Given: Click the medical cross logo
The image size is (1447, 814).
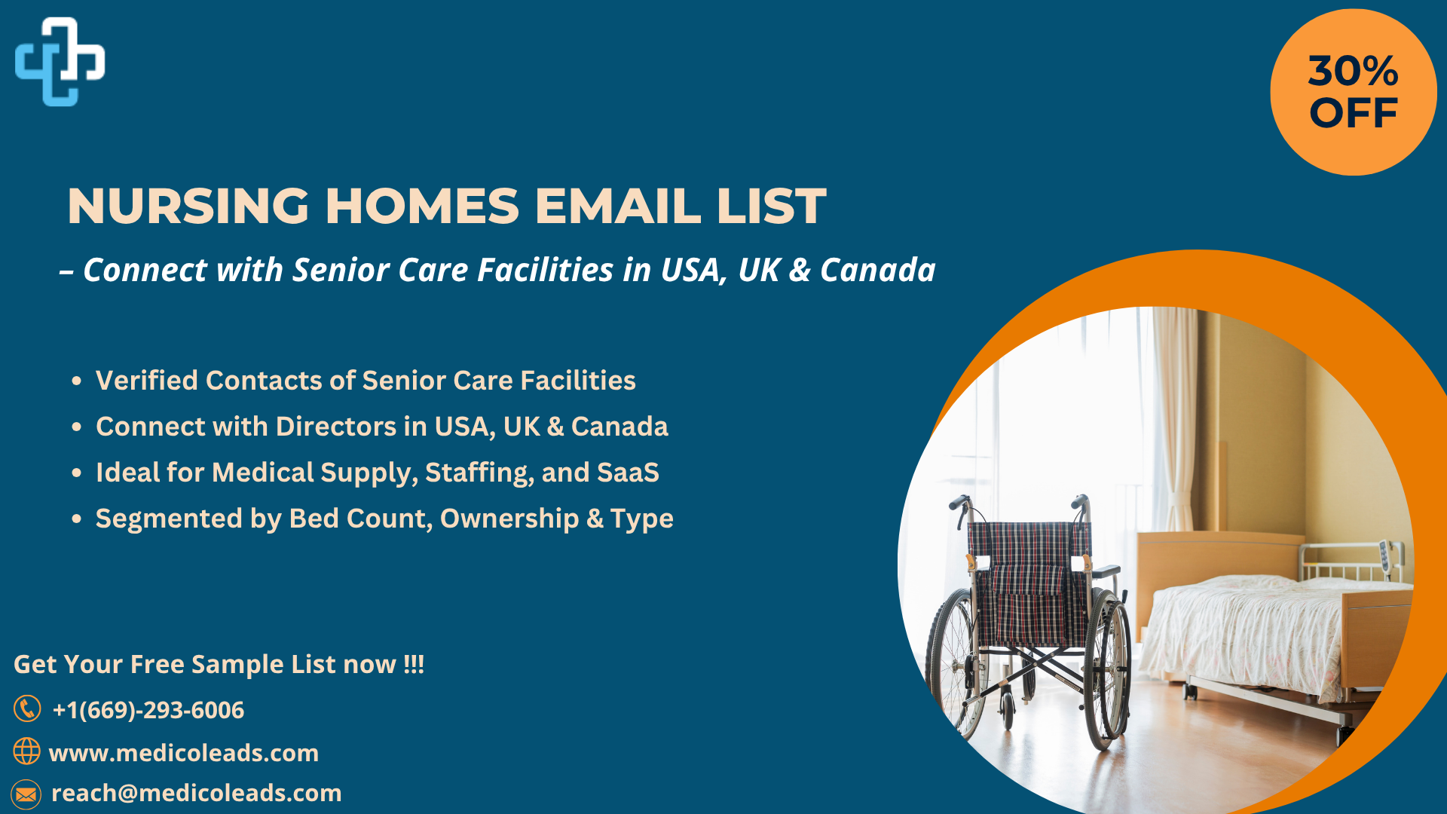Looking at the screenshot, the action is coord(60,62).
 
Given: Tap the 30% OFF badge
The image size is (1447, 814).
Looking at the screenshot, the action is coord(1354,92).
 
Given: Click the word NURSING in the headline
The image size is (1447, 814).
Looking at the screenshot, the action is coord(188,206).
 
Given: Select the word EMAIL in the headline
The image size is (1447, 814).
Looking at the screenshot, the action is coord(618,206).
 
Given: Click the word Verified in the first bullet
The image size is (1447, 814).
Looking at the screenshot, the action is coord(146,381).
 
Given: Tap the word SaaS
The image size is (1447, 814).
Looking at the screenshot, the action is coord(628,473).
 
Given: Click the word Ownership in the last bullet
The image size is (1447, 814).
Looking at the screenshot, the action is coord(509,519).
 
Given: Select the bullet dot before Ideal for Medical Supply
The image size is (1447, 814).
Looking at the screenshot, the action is coord(76,473).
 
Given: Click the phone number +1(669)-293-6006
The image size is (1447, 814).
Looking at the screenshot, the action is coord(148,710).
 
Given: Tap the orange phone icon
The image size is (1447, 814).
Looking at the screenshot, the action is coord(27,708).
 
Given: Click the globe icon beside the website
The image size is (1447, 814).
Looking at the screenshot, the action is coord(26,751).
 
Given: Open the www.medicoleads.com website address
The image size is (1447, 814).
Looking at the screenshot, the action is coord(184,753).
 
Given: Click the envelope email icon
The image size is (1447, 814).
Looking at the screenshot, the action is coord(26,794).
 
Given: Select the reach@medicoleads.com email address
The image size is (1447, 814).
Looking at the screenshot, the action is coord(196,793).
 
